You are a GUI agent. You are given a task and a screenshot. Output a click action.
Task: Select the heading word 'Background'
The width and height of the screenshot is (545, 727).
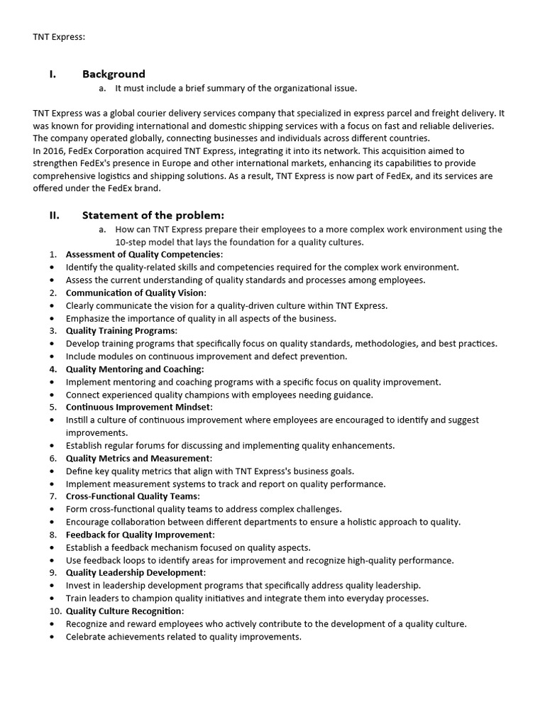[114, 74]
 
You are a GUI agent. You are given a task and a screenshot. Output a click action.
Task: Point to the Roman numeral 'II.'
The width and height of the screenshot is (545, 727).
[55, 215]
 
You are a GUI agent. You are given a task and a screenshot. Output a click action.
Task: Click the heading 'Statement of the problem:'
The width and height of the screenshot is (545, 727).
[153, 215]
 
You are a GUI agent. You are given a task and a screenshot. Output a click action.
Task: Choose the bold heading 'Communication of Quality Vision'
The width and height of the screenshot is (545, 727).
[135, 293]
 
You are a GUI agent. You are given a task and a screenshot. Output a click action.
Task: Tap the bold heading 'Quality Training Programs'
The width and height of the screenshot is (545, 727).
[121, 331]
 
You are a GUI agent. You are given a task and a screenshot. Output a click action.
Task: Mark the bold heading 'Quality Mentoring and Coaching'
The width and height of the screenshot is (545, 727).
[134, 369]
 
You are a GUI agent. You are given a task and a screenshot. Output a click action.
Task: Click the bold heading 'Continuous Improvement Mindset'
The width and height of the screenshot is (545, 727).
[138, 407]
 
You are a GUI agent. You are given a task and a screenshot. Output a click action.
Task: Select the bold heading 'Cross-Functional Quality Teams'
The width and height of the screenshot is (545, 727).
[132, 496]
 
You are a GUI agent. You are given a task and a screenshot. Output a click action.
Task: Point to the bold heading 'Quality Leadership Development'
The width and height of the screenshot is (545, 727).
[135, 572]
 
